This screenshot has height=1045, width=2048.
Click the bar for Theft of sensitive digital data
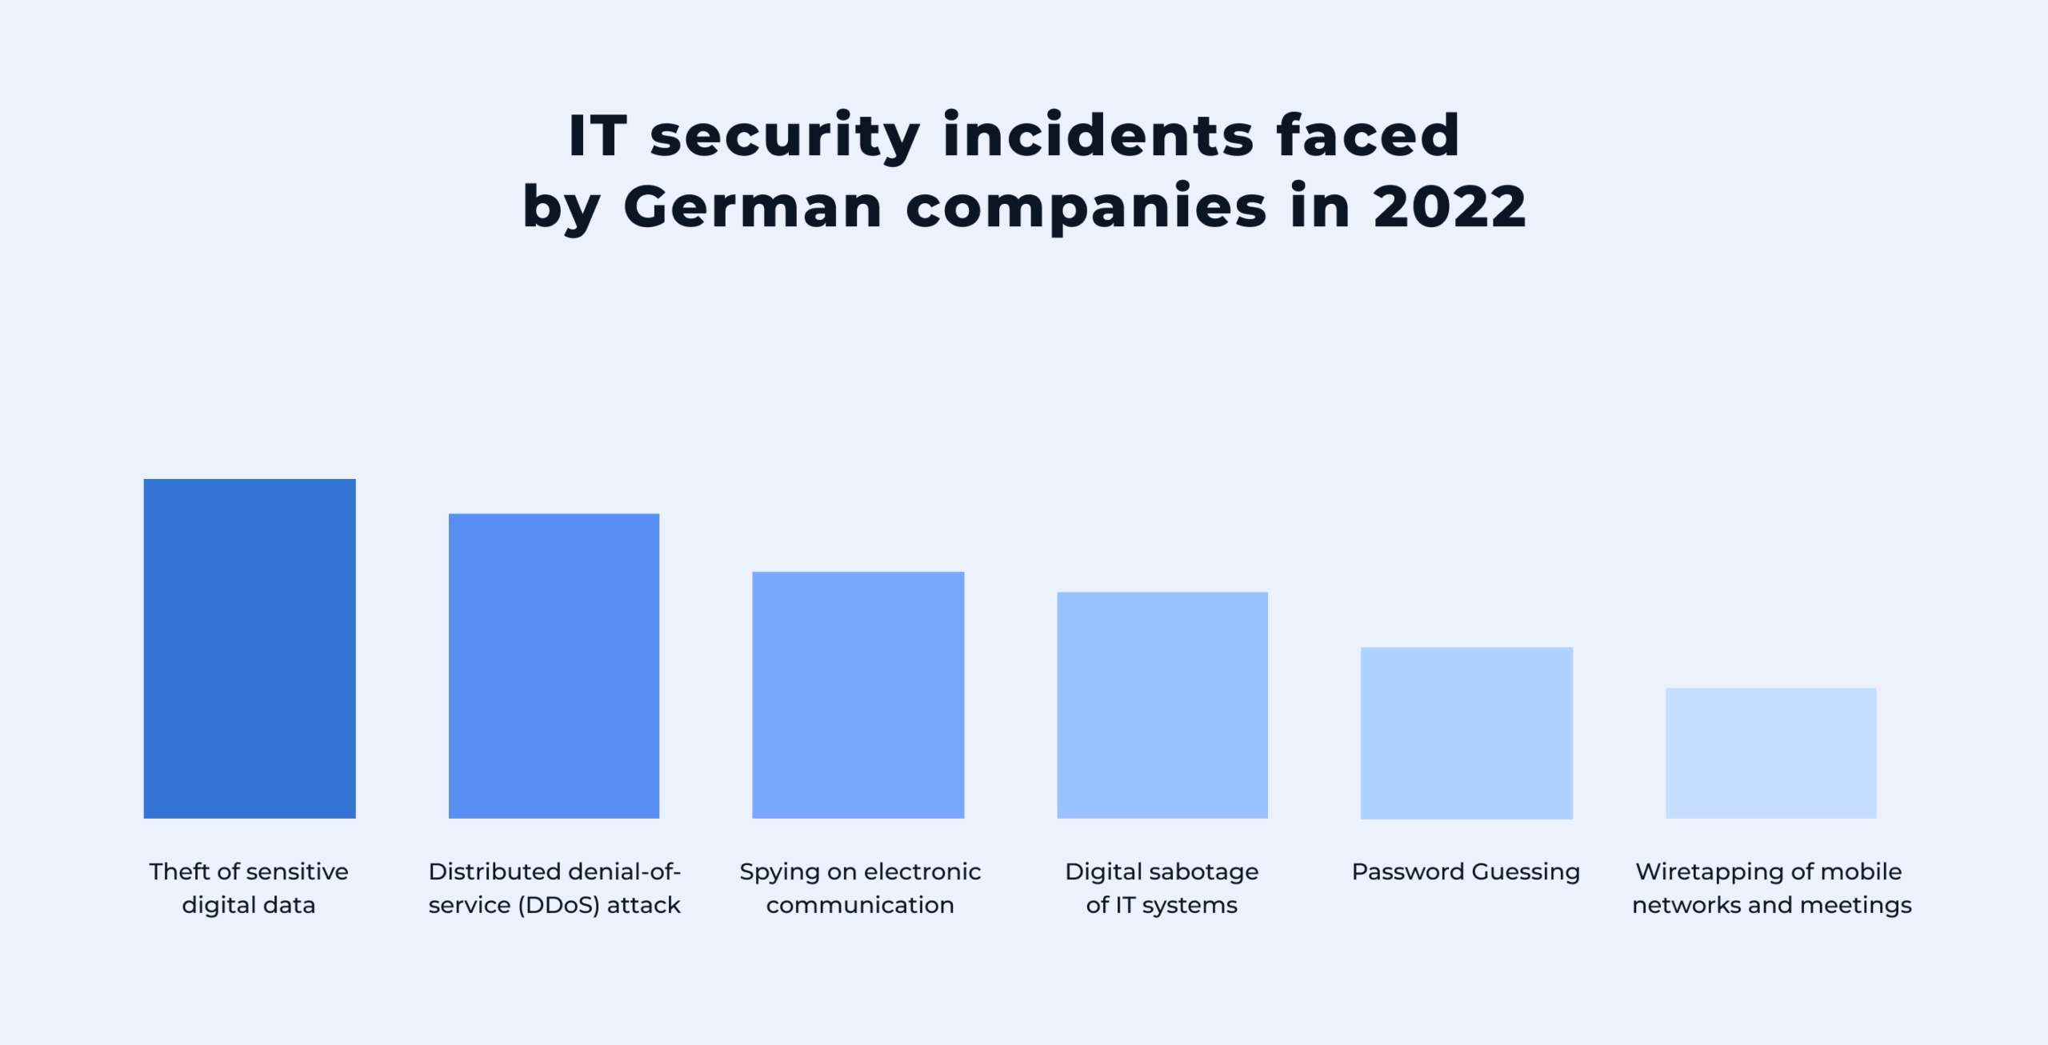coord(250,648)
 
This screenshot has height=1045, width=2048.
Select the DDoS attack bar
coord(554,666)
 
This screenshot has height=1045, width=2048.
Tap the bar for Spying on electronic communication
coord(858,695)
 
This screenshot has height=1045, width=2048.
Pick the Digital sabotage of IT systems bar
coord(1162,705)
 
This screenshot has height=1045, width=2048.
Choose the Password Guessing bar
coord(1466,732)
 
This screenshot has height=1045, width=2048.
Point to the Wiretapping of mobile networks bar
coord(1770,752)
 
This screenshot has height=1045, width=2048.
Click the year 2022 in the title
coord(1450,206)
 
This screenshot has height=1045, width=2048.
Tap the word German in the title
coord(753,206)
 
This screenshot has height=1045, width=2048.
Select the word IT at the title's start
coord(597,135)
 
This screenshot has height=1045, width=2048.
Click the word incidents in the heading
coord(1098,135)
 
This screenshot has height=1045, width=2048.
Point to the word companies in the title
coord(1086,208)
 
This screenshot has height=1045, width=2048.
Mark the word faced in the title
coord(1368,135)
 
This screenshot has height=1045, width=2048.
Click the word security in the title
coord(785,137)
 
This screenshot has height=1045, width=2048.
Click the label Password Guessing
coord(1466,871)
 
